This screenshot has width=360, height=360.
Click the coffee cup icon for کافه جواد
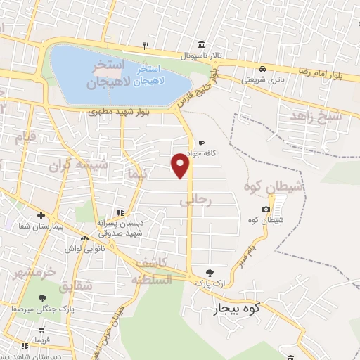202,141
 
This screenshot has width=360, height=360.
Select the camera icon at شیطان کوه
265,209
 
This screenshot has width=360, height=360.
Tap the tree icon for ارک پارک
209,271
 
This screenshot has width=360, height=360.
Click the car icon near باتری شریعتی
262,69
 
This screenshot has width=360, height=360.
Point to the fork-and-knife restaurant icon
146,46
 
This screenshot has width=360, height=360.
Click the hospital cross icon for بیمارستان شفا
41,215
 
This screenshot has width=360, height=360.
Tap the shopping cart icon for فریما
41,329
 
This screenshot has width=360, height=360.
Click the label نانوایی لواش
80,249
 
